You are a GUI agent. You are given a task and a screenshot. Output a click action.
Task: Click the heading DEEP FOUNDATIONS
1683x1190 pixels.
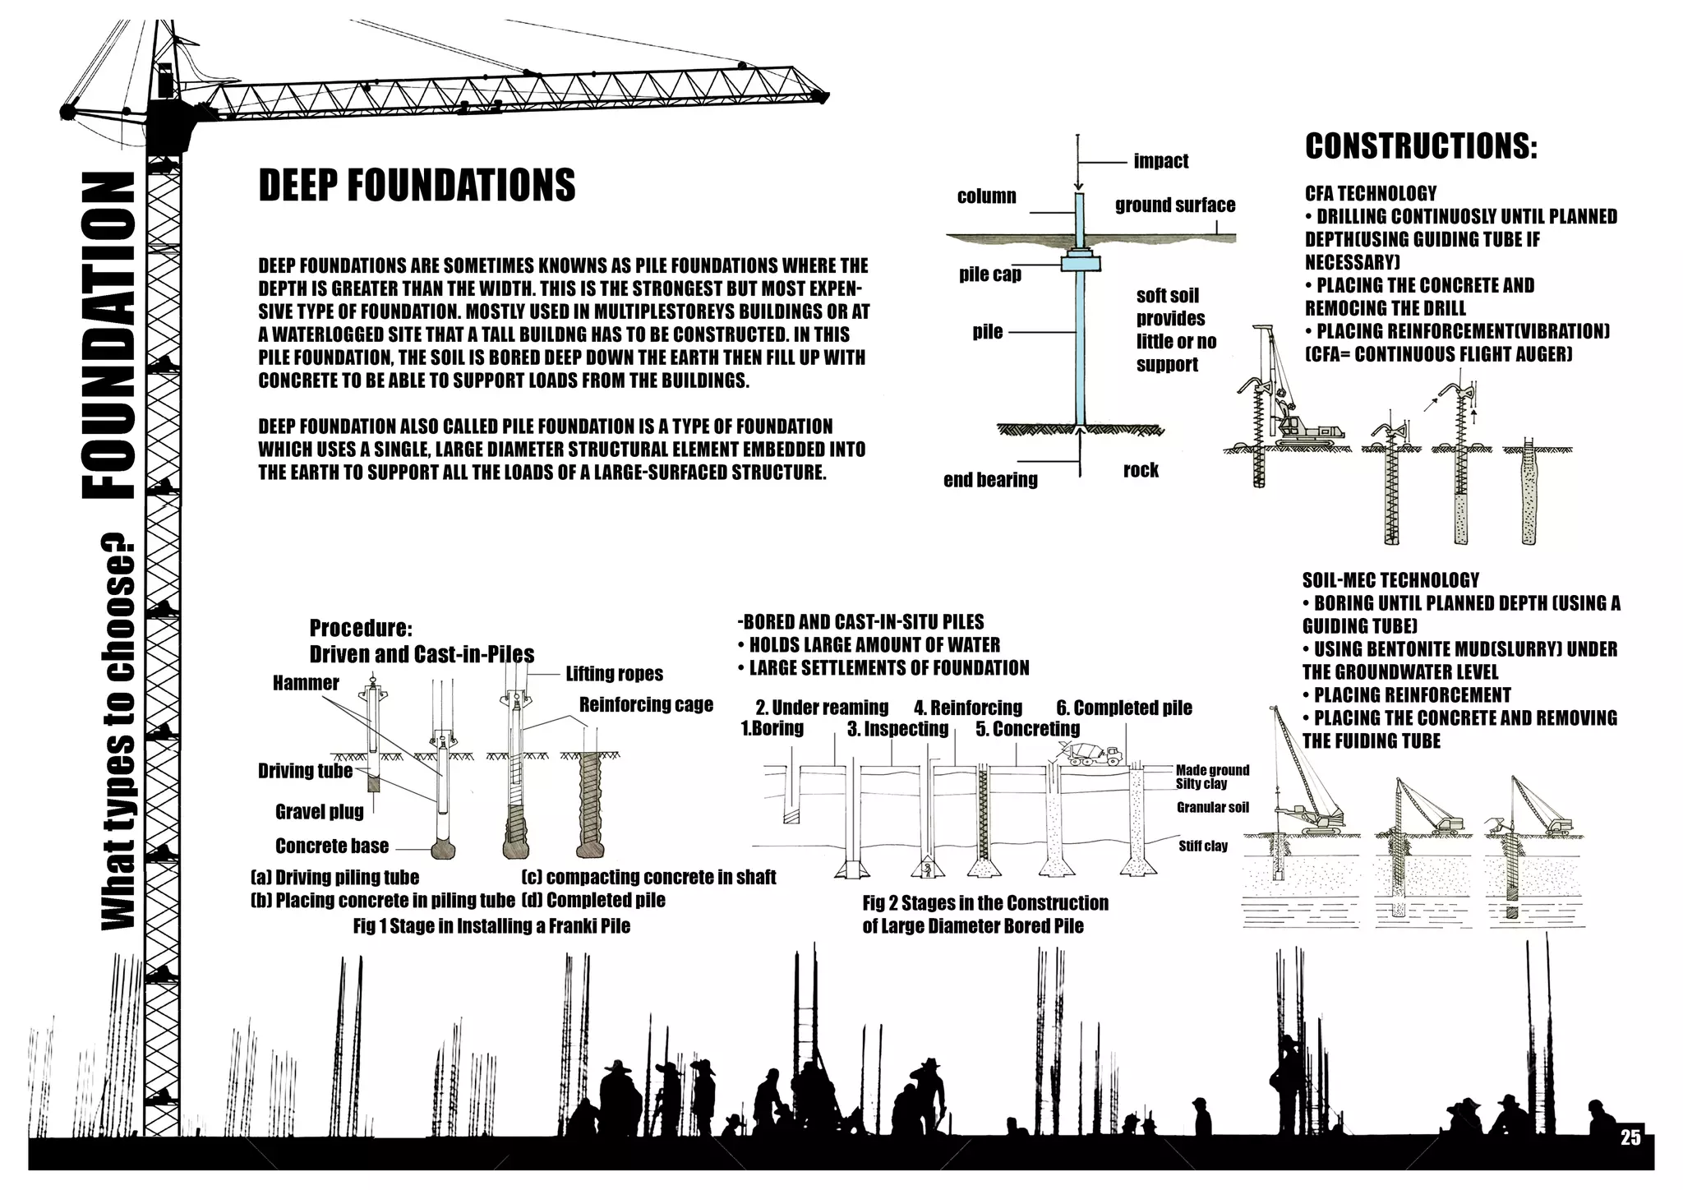tap(417, 185)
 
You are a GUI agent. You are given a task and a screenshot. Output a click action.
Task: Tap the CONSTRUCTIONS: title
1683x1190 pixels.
tap(1421, 146)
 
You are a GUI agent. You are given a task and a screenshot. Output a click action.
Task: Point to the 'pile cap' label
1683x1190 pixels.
tap(990, 274)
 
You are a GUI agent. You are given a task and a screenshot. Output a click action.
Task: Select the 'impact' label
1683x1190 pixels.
tap(1160, 161)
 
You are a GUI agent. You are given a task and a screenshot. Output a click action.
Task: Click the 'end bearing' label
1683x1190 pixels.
tap(990, 480)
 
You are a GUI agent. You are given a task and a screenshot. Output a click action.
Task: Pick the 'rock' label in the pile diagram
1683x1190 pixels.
tap(1141, 470)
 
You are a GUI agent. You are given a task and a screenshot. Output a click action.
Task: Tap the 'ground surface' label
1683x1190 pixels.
tap(1175, 205)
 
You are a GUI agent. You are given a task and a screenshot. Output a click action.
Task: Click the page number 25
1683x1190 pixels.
tap(1630, 1137)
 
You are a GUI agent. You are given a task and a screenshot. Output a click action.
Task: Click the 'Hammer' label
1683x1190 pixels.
tap(306, 683)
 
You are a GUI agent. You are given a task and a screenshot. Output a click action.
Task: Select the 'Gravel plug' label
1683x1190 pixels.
tap(319, 812)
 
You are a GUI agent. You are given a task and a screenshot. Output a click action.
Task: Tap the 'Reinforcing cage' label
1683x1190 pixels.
tap(646, 704)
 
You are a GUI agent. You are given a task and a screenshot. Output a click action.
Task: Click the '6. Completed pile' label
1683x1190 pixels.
tap(1124, 708)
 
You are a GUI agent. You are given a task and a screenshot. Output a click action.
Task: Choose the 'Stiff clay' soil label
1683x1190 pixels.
tap(1203, 846)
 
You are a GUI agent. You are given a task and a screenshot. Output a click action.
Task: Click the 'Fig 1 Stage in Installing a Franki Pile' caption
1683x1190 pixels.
tap(491, 925)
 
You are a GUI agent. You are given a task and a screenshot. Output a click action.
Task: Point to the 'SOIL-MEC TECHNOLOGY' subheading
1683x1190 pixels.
tap(1390, 580)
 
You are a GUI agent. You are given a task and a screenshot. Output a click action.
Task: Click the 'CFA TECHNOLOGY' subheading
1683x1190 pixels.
tap(1371, 194)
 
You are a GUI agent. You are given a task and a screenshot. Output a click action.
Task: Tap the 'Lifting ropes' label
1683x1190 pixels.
tap(614, 674)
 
